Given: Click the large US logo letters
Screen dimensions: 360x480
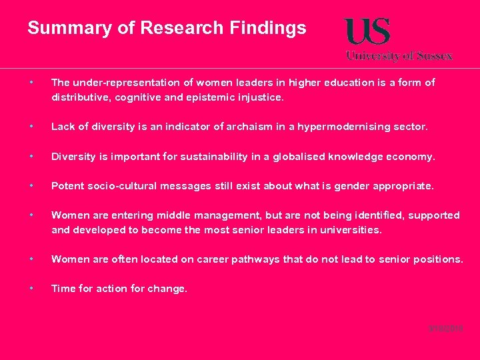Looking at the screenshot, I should pyautogui.click(x=367, y=32).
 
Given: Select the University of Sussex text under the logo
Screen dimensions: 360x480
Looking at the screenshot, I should pyautogui.click(x=399, y=56).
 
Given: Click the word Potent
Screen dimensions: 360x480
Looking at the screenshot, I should pyautogui.click(x=67, y=186).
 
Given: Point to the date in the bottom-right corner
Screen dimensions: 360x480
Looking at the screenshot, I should pyautogui.click(x=446, y=329).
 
